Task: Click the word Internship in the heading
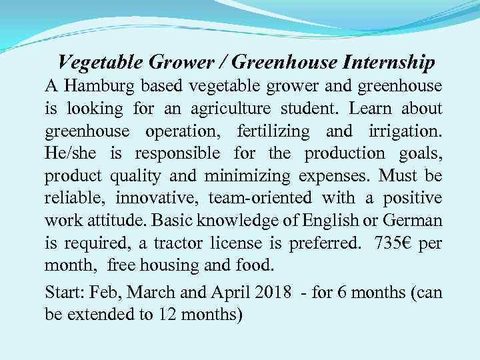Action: click(389, 63)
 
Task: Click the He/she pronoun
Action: click(70, 154)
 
